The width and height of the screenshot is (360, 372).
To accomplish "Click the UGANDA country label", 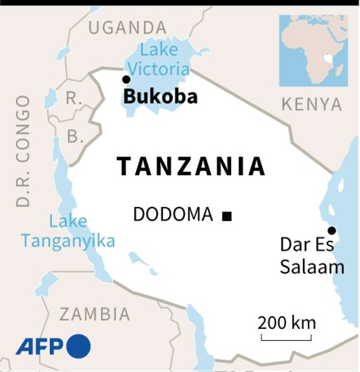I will [127, 28].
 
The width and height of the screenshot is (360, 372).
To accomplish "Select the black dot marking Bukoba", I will [126, 79].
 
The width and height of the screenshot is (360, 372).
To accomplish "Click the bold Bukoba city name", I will [160, 97].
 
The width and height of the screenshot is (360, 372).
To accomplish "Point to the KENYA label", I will [312, 104].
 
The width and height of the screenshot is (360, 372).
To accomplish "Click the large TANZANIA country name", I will [191, 167].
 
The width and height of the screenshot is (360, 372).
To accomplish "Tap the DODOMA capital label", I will [173, 215].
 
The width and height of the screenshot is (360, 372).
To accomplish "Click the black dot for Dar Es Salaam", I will [331, 231].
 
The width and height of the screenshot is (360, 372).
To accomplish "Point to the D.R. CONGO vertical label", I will [22, 151].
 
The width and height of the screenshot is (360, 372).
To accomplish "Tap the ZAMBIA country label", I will [95, 314].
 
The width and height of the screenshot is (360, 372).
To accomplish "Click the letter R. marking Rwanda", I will [74, 99].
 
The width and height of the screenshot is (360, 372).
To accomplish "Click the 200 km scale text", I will [286, 323].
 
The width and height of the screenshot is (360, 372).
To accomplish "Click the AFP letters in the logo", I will [40, 346].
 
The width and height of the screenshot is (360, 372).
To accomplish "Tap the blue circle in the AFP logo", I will [78, 346].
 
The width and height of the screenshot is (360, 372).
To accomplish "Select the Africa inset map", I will [313, 50].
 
